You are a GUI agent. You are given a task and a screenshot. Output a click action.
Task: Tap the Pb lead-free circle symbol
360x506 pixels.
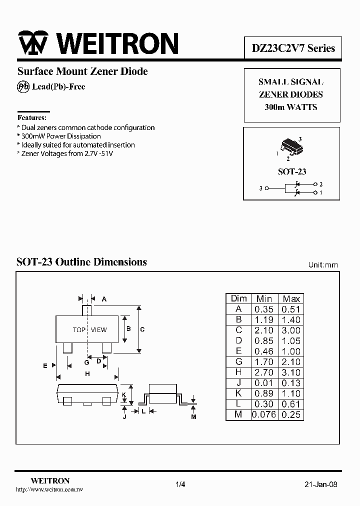[x=23, y=86]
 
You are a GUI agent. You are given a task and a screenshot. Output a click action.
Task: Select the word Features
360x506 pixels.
[x=32, y=118]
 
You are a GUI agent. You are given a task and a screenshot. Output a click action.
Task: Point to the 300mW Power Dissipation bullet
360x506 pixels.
[x=60, y=136]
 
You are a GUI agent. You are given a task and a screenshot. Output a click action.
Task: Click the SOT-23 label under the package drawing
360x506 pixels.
[x=292, y=171]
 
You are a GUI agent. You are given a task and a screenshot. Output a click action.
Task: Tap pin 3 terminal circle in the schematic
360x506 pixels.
[x=266, y=188]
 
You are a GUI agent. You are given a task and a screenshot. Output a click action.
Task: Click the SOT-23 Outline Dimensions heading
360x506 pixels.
[x=82, y=262]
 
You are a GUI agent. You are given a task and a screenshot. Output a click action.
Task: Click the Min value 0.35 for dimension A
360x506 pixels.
[x=264, y=309]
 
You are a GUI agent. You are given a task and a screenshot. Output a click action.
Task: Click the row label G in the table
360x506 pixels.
[x=238, y=361]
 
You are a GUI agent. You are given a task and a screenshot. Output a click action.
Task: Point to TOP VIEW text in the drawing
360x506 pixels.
[x=90, y=329]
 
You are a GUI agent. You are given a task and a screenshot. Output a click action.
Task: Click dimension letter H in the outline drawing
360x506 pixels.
[x=87, y=374]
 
